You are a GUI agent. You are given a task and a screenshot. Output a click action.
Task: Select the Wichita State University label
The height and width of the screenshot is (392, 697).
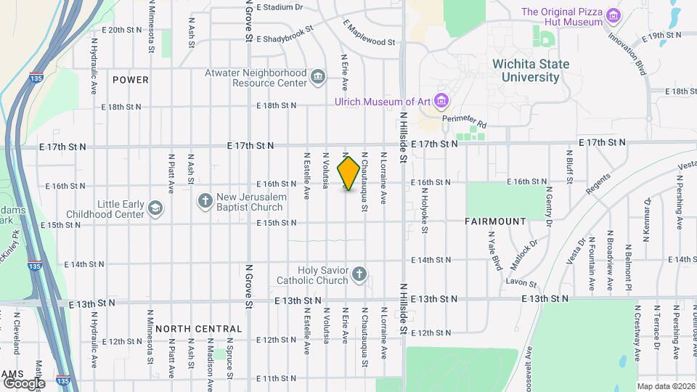click(531, 70)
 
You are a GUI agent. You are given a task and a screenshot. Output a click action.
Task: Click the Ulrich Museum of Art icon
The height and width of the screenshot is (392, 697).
click(442, 100)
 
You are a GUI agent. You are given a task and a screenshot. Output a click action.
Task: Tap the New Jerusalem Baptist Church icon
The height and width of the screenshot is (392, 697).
click(205, 200)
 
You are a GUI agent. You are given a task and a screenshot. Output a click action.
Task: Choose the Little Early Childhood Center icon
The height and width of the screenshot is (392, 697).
click(154, 208)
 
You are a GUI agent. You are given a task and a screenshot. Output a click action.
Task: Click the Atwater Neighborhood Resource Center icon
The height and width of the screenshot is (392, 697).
click(317, 77)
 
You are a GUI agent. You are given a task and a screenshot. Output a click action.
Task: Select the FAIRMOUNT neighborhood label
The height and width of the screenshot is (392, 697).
click(496, 221)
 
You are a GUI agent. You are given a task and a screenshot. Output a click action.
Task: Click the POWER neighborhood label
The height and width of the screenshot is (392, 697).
click(131, 80)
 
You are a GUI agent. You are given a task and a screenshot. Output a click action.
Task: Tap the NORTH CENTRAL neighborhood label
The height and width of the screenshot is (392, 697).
click(197, 328)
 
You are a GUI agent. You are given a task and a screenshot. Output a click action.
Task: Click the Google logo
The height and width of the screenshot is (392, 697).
click(24, 383)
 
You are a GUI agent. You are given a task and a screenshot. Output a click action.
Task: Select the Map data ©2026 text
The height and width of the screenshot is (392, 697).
click(665, 386)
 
